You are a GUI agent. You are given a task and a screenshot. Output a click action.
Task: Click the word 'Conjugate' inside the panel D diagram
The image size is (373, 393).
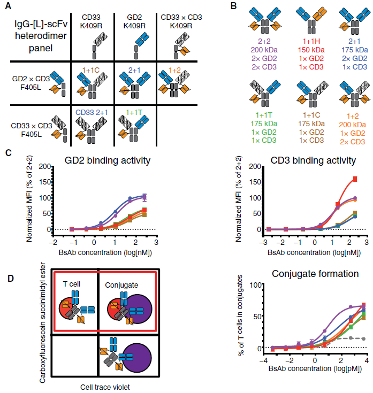pyautogui.click(x=121, y=286)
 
